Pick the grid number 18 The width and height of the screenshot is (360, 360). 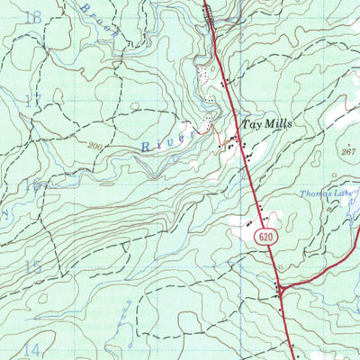coord(34,17)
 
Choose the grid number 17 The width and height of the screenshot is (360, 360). coord(33,101)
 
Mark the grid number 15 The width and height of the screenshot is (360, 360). coord(33,267)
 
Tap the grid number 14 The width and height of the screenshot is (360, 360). coord(33,349)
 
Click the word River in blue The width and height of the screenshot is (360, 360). coord(169,139)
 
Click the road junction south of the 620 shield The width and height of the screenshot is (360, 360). coord(280,290)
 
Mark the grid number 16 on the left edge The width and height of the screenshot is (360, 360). coord(33,184)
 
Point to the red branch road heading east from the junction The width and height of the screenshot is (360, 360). coord(319,270)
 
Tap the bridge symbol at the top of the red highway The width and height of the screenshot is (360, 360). coord(209,11)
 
